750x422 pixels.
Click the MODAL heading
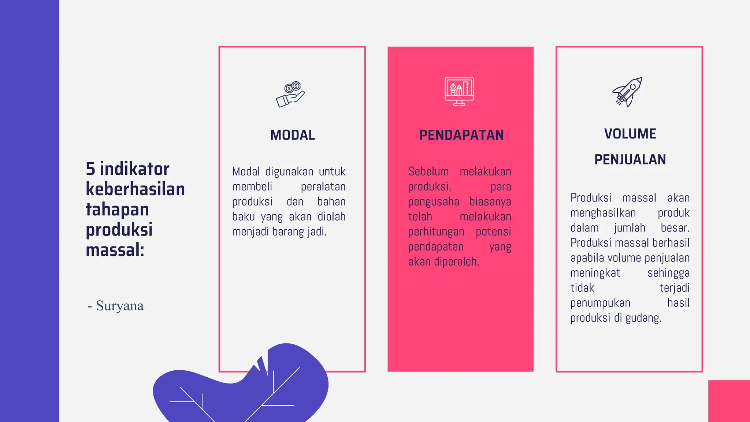(292, 135)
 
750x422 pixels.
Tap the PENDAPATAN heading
(461, 135)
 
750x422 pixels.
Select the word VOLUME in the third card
(630, 134)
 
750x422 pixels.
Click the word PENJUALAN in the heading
(630, 160)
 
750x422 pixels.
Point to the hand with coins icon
(290, 95)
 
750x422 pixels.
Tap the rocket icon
(628, 92)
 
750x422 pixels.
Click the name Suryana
(120, 306)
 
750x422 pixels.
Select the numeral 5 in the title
(90, 169)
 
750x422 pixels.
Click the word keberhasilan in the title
(135, 189)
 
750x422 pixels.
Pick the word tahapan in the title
(117, 210)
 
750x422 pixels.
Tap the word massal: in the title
(115, 250)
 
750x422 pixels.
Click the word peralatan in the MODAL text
(323, 187)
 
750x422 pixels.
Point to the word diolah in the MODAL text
(331, 217)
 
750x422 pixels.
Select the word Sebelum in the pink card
(428, 171)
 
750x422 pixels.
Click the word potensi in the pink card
(493, 232)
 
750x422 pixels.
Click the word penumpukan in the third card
(600, 303)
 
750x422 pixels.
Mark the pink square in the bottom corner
(729, 401)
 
